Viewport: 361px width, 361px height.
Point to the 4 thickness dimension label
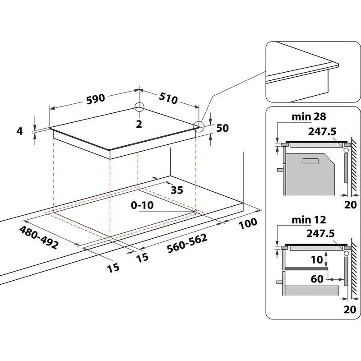(19, 131)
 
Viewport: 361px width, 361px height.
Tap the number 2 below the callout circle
(139, 124)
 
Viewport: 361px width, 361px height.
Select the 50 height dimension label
(222, 128)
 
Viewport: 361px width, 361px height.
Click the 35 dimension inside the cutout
(177, 190)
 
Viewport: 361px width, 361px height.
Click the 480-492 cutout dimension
(38, 237)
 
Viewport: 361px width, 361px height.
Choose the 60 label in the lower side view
(317, 279)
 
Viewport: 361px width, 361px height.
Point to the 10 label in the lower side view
(317, 259)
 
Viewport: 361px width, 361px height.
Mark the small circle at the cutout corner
(194, 211)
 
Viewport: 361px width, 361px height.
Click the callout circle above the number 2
(139, 107)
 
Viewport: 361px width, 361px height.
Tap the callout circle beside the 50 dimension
(198, 126)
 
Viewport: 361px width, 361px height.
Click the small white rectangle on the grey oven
(310, 161)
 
